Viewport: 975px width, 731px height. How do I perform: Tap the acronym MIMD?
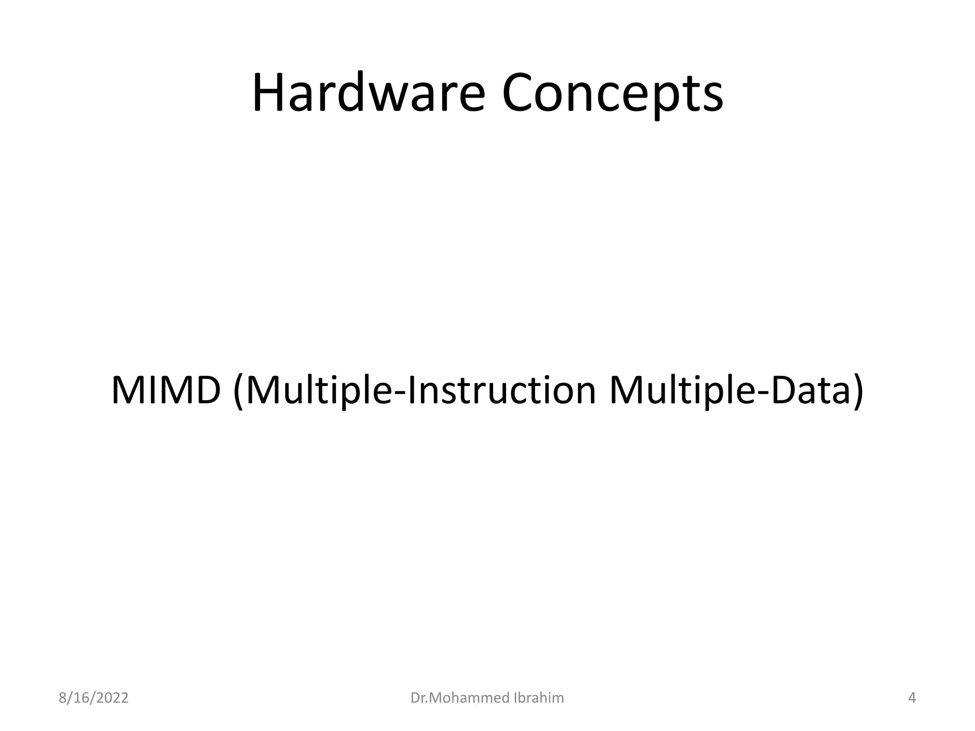click(x=166, y=390)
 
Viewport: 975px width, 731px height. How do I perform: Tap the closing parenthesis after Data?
click(x=857, y=391)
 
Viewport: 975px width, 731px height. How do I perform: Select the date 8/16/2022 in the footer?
click(x=93, y=698)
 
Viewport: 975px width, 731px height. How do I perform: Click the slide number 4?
click(x=912, y=698)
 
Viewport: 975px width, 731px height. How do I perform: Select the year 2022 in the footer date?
click(x=112, y=698)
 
